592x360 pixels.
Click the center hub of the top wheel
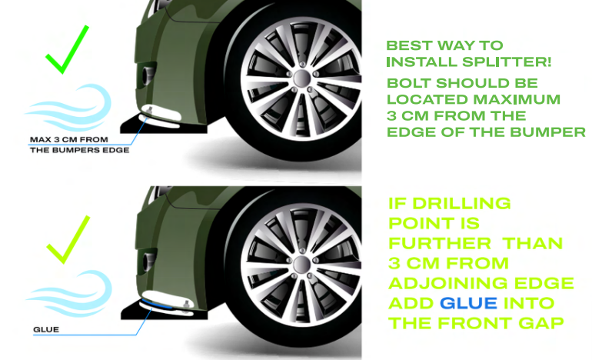[x=301, y=78]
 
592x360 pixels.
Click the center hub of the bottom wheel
[x=301, y=264]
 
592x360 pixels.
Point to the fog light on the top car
[x=148, y=75]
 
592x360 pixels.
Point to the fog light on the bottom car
[x=148, y=262]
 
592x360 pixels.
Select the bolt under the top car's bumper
[x=150, y=111]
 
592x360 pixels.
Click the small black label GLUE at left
[x=46, y=329]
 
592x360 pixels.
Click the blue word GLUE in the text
[x=468, y=303]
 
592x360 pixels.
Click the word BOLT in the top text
[x=408, y=83]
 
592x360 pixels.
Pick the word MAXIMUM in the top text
[x=517, y=99]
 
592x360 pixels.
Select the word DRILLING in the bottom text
[x=461, y=204]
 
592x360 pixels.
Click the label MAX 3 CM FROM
[x=68, y=139]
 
